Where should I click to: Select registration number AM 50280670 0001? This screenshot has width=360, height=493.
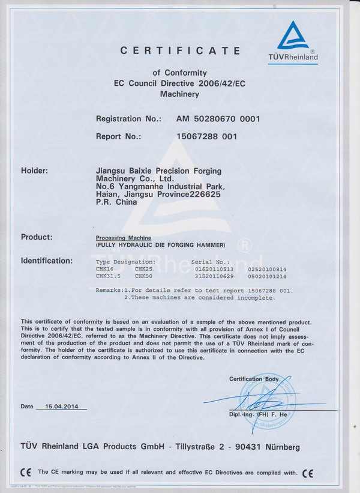(x=218, y=119)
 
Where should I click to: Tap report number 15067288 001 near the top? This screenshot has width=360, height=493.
(x=206, y=136)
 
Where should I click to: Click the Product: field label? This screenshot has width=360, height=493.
(x=37, y=237)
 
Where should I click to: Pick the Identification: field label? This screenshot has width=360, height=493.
(x=47, y=261)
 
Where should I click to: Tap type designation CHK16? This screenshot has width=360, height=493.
(x=104, y=269)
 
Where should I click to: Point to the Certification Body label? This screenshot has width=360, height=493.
(x=254, y=379)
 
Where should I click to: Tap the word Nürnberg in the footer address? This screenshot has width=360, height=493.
(x=277, y=447)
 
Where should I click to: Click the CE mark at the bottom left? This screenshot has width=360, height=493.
(x=25, y=472)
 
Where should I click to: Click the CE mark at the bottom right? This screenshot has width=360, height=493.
(x=308, y=472)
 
